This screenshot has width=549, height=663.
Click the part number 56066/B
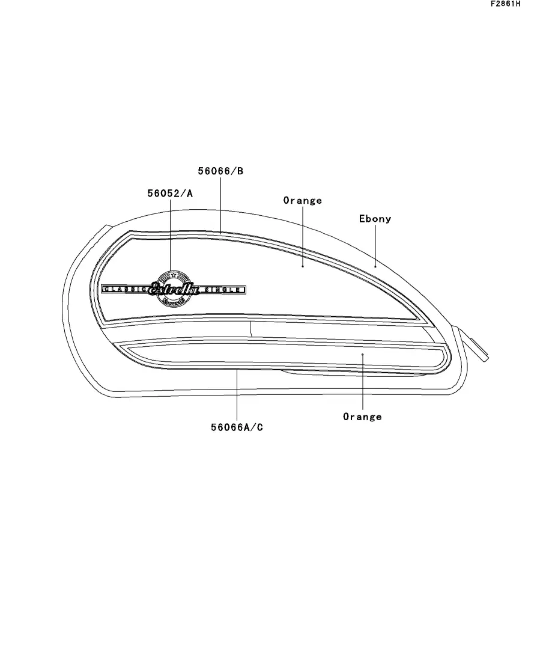(x=220, y=171)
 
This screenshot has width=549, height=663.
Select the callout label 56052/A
(x=170, y=193)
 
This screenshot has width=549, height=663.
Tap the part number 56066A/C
(x=237, y=427)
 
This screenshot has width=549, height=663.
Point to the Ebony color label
(x=375, y=219)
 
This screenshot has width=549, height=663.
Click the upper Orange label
(x=303, y=200)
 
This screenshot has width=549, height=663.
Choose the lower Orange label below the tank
(x=362, y=417)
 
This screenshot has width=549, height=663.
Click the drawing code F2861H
(x=506, y=4)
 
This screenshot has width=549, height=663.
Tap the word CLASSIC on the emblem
(x=126, y=289)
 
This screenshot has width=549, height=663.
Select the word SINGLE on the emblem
(x=223, y=290)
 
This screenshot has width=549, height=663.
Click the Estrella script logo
(x=174, y=289)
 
